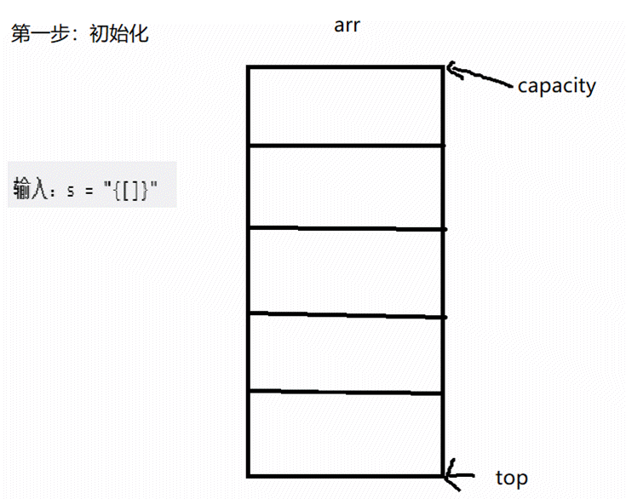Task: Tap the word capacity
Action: coord(556,85)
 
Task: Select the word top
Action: coord(511,478)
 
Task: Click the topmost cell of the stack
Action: coord(345,106)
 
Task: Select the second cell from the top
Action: coord(345,186)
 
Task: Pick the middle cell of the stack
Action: coord(345,271)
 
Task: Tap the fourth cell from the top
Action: coord(345,352)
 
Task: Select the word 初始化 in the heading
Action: coord(118,35)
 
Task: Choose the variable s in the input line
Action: coord(71,190)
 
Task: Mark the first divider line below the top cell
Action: coord(345,146)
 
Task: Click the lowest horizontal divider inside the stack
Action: coord(345,392)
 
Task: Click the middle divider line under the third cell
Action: coord(345,315)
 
